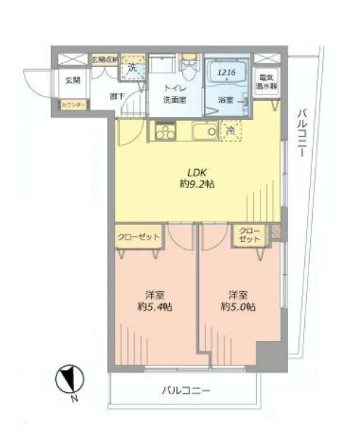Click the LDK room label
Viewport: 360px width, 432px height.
pos(197,172)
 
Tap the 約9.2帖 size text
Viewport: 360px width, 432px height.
pos(197,184)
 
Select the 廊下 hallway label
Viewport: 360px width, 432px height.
pos(116,96)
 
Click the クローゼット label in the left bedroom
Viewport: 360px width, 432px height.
pos(138,237)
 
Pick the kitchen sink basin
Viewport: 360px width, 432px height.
pos(201,131)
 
